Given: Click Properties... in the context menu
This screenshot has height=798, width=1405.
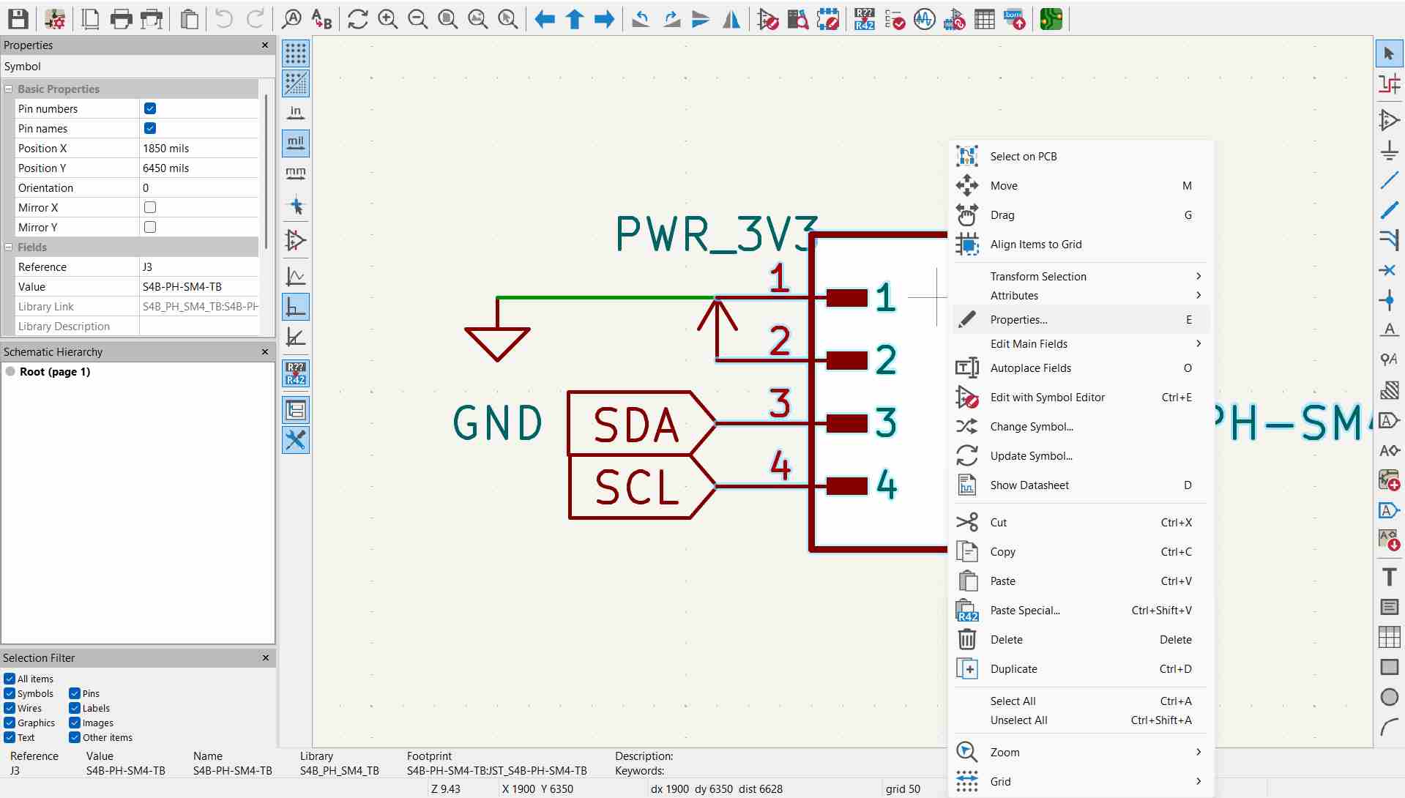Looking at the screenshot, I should tap(1018, 320).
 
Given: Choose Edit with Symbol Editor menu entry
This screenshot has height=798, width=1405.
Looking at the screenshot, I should tap(1047, 398).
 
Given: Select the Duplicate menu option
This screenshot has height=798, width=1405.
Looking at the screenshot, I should tap(1013, 669).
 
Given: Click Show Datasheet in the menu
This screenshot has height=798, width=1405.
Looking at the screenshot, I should tap(1029, 485).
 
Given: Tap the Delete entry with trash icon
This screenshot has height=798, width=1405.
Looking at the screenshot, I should tap(1006, 640).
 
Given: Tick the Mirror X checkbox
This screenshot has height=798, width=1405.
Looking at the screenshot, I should tap(150, 208).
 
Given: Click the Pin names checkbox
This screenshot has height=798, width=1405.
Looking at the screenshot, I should tap(150, 129).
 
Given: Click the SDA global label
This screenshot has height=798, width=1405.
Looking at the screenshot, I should tap(636, 425).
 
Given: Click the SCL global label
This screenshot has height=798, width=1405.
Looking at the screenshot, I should tap(636, 488).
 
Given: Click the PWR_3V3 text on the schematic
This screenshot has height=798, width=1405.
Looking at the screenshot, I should tap(715, 234).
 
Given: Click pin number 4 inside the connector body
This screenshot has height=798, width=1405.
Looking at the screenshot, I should tap(887, 485).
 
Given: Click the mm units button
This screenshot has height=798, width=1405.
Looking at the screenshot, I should tap(296, 174).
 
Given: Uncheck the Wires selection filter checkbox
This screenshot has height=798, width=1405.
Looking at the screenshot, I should tap(10, 709).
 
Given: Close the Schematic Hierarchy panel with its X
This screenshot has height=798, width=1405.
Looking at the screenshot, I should tap(265, 352).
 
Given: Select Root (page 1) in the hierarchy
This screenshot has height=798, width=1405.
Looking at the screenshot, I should tap(55, 372).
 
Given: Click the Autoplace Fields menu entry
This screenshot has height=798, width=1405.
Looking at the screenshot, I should tap(1030, 368).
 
